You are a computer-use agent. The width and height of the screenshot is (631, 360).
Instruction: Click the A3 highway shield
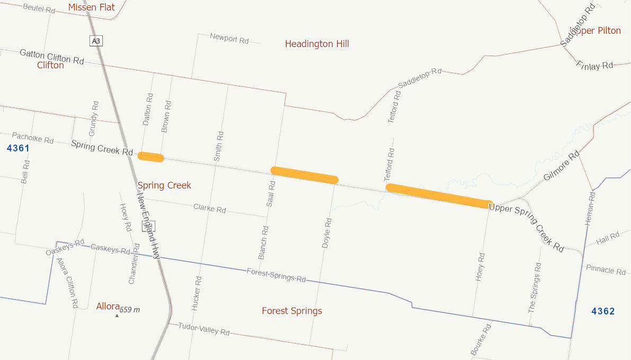(x=96, y=41)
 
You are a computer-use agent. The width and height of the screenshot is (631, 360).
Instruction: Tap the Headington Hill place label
(x=317, y=44)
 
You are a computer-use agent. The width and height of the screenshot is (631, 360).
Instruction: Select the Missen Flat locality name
(x=92, y=7)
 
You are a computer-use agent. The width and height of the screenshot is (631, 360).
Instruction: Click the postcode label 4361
(x=18, y=148)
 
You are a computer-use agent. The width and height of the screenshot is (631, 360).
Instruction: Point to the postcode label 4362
(x=603, y=311)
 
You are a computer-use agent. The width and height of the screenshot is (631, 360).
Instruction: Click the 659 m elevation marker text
(x=130, y=310)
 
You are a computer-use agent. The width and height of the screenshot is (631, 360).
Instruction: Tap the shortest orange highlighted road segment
(x=151, y=157)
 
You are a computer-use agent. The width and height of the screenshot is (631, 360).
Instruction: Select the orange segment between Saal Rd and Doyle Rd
(x=304, y=175)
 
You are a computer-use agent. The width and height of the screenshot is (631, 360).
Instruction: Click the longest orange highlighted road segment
(x=439, y=196)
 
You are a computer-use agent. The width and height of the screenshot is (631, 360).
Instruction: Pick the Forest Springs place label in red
(x=292, y=311)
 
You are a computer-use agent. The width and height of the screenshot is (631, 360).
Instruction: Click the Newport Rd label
(x=229, y=38)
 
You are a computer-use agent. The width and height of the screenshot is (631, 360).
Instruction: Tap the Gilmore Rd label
(x=562, y=166)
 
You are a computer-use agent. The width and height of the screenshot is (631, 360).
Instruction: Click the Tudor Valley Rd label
(x=203, y=329)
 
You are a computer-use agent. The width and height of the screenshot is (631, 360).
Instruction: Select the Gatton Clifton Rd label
(x=52, y=57)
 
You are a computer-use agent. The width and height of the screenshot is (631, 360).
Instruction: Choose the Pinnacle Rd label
(x=606, y=269)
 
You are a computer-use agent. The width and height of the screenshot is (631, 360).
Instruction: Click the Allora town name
(x=108, y=306)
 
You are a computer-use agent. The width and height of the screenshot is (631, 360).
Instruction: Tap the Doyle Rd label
(x=327, y=233)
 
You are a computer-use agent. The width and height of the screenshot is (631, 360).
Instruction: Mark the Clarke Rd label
(x=209, y=209)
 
